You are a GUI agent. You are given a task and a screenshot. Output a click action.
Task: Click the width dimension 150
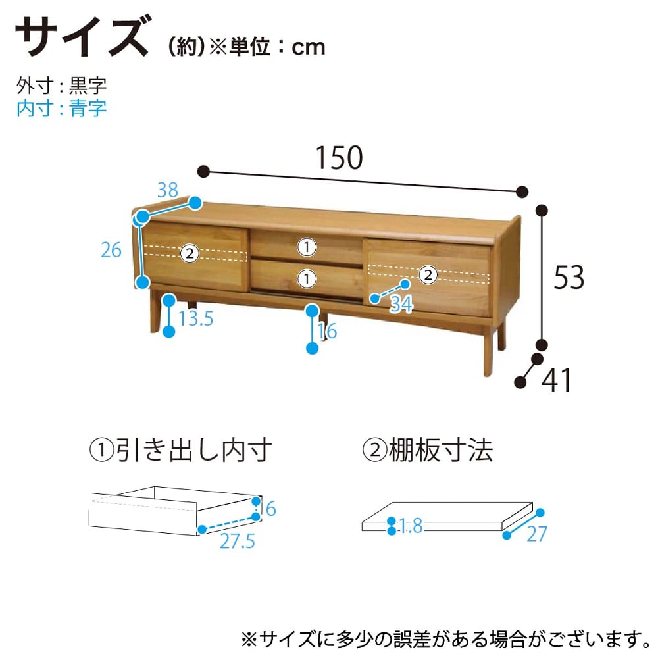339,158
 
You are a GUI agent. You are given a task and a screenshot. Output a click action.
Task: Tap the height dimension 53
569,278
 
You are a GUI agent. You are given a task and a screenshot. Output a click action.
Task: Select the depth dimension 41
556,380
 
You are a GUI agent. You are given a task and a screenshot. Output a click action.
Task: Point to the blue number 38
168,190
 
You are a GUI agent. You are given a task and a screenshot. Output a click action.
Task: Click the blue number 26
111,250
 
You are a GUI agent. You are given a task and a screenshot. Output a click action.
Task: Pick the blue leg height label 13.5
196,318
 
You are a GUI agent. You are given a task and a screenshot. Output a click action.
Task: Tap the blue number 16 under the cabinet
327,331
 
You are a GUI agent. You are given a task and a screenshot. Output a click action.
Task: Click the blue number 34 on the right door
401,304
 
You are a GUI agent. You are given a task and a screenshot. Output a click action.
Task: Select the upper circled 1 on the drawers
307,247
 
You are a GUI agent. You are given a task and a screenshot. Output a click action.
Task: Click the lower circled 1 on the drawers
307,278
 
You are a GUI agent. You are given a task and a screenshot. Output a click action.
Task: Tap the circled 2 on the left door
190,253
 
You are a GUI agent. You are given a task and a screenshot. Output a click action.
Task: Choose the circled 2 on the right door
428,275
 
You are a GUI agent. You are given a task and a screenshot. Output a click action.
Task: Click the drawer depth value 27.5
237,541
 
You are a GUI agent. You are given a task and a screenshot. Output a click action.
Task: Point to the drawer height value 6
270,509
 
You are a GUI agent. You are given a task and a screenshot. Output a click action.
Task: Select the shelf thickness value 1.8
410,525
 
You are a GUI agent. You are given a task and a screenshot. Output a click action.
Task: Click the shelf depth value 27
537,534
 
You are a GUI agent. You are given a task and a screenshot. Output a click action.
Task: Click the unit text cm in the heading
309,47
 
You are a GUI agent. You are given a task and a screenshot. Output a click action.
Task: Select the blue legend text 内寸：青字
62,109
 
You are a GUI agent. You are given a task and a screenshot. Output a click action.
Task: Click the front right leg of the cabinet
488,351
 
